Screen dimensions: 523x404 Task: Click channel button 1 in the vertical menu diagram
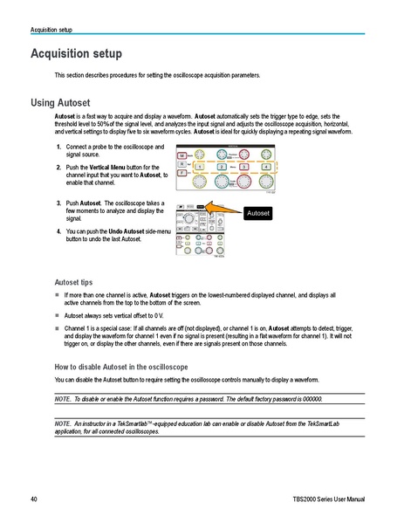coord(201,166)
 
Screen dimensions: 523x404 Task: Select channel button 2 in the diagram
coord(223,166)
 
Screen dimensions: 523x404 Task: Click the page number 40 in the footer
coord(33,499)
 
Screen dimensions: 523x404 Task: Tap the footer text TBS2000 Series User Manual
coord(332,499)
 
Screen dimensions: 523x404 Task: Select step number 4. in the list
coord(58,231)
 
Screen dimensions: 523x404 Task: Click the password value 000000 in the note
coord(313,397)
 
